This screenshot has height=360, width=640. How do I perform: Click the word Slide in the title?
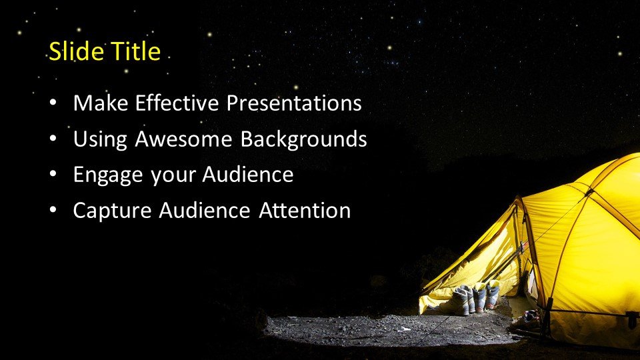pos(76,51)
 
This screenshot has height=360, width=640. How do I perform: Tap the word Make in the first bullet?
pos(101,103)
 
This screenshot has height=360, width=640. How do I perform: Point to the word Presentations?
pos(294,103)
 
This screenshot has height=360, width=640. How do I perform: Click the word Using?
pos(100,139)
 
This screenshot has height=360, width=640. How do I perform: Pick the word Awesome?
pos(184,139)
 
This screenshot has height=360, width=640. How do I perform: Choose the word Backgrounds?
pos(304,139)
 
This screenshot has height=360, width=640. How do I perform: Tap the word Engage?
pos(108,175)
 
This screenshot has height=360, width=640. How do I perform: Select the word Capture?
pos(112,211)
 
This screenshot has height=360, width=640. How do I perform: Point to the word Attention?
pos(305,211)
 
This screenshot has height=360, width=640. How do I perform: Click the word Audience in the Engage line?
pos(248,175)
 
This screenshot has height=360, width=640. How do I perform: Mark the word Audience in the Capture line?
pos(205,211)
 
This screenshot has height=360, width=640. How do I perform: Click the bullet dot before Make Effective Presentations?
pos(53,103)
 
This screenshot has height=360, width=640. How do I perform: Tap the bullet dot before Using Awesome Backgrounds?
pos(53,139)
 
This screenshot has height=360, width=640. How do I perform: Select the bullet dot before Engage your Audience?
pos(53,175)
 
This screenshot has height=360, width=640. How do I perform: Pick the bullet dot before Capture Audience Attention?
pos(53,211)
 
